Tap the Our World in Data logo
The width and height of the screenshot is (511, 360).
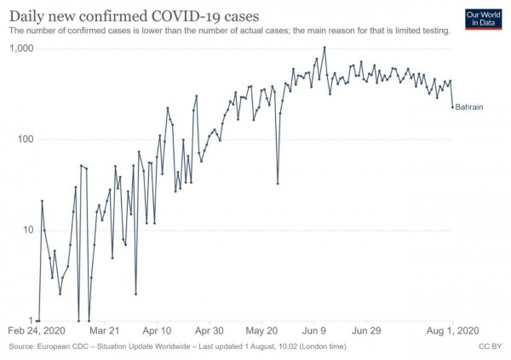[x=480, y=18]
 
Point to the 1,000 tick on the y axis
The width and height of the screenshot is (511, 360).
[x=20, y=49]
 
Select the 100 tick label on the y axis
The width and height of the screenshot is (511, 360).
[x=23, y=140]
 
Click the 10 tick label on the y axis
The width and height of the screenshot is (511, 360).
[x=26, y=231]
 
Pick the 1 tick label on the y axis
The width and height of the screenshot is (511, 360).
[x=29, y=321]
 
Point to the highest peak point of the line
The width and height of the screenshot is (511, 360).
[x=324, y=48]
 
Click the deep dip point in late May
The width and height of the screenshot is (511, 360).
[x=278, y=183]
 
